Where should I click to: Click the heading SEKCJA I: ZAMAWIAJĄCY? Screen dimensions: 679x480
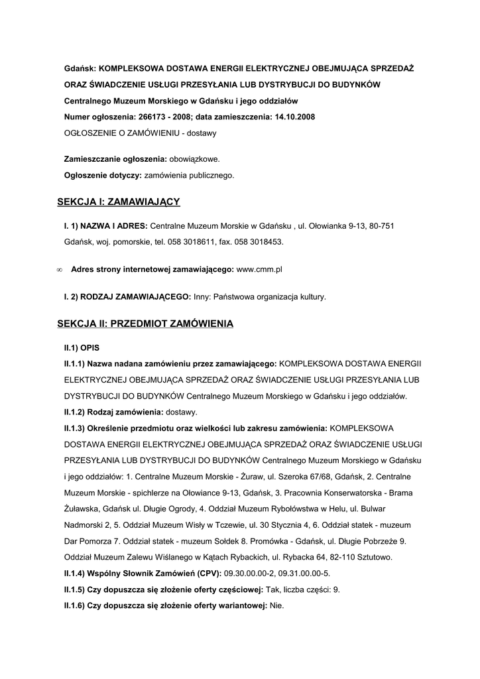point(118,201)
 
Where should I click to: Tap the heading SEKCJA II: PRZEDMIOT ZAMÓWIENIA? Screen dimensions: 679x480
point(145,324)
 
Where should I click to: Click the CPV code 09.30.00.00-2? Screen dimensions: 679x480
point(253,573)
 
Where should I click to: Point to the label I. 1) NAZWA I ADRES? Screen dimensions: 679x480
point(105,226)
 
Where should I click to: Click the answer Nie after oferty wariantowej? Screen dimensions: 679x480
point(276,605)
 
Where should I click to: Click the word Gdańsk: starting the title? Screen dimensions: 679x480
point(79,69)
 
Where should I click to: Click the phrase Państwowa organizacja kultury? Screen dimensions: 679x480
point(269,297)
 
